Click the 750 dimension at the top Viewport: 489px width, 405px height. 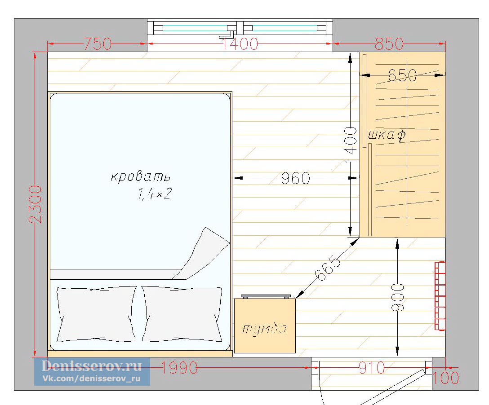[97, 44]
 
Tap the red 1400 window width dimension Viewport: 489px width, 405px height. [240, 44]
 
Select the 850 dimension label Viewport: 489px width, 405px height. [389, 44]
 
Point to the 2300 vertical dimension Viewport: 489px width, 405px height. [35, 204]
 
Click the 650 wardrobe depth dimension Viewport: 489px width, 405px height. [402, 75]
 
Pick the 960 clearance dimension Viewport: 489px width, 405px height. [296, 179]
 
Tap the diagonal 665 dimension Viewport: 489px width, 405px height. [328, 268]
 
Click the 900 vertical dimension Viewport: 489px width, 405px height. [398, 297]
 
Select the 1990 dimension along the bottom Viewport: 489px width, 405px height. [179, 368]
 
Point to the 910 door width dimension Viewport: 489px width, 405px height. [372, 368]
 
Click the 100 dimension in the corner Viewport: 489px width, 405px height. [445, 378]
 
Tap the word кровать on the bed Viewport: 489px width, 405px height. [141, 176]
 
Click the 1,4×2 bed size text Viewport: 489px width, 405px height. [155, 194]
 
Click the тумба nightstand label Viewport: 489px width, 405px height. [264, 329]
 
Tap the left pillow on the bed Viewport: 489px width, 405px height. [96, 314]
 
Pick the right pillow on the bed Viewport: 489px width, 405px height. [182, 314]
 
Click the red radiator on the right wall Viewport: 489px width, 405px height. [440, 296]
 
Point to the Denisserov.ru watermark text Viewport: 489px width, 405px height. [92, 366]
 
